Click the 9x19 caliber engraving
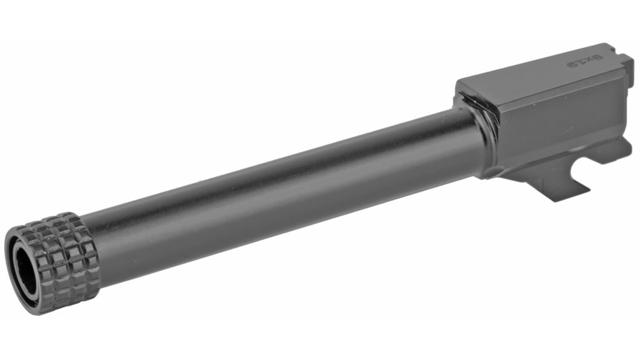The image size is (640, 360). click(x=592, y=62)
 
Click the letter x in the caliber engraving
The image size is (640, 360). click(x=593, y=62)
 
